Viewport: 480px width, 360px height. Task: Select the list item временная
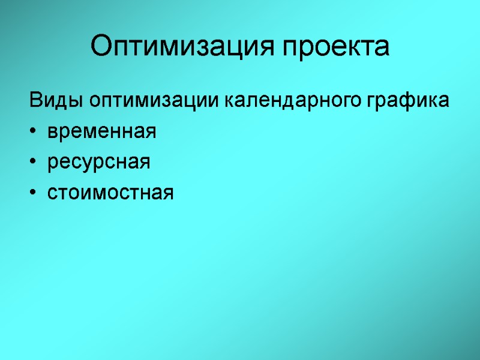point(101,131)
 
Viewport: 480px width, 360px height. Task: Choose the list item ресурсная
point(98,162)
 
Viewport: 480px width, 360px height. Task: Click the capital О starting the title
point(101,46)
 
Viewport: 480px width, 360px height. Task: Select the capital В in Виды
point(34,100)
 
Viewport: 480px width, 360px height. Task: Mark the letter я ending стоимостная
point(167,193)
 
